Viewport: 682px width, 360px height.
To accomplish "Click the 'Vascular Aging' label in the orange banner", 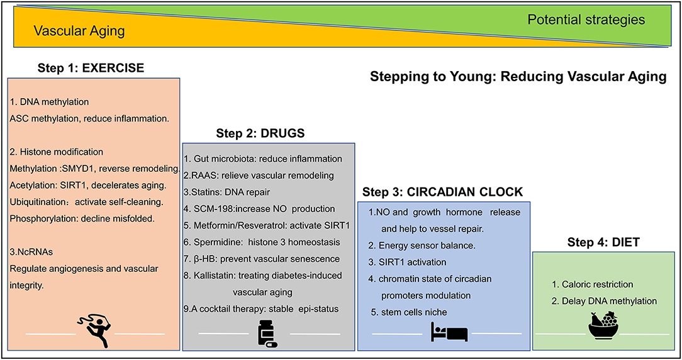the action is [79, 31].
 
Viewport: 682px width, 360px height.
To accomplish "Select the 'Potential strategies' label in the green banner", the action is [586, 20].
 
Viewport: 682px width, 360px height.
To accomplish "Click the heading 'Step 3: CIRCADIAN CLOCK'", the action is [444, 192].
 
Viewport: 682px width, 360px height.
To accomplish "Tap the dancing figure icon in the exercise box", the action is [94, 328].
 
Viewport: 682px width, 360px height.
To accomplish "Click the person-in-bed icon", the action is [448, 332].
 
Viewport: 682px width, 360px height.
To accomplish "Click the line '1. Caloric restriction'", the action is [591, 284].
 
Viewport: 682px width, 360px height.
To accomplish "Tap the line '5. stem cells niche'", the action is [409, 312].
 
